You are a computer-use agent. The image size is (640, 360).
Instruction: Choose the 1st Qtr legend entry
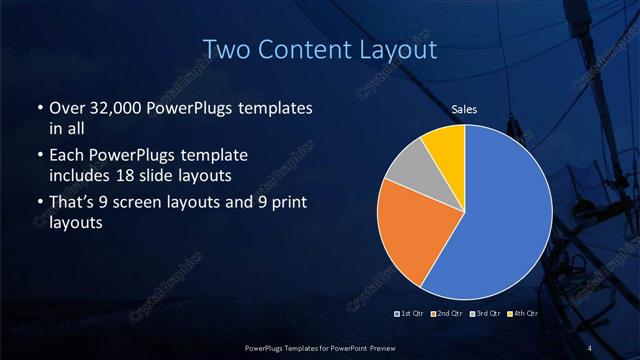tap(410, 314)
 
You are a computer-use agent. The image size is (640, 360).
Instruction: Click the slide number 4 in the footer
tap(589, 347)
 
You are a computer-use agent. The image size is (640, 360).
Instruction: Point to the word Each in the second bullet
tap(67, 156)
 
